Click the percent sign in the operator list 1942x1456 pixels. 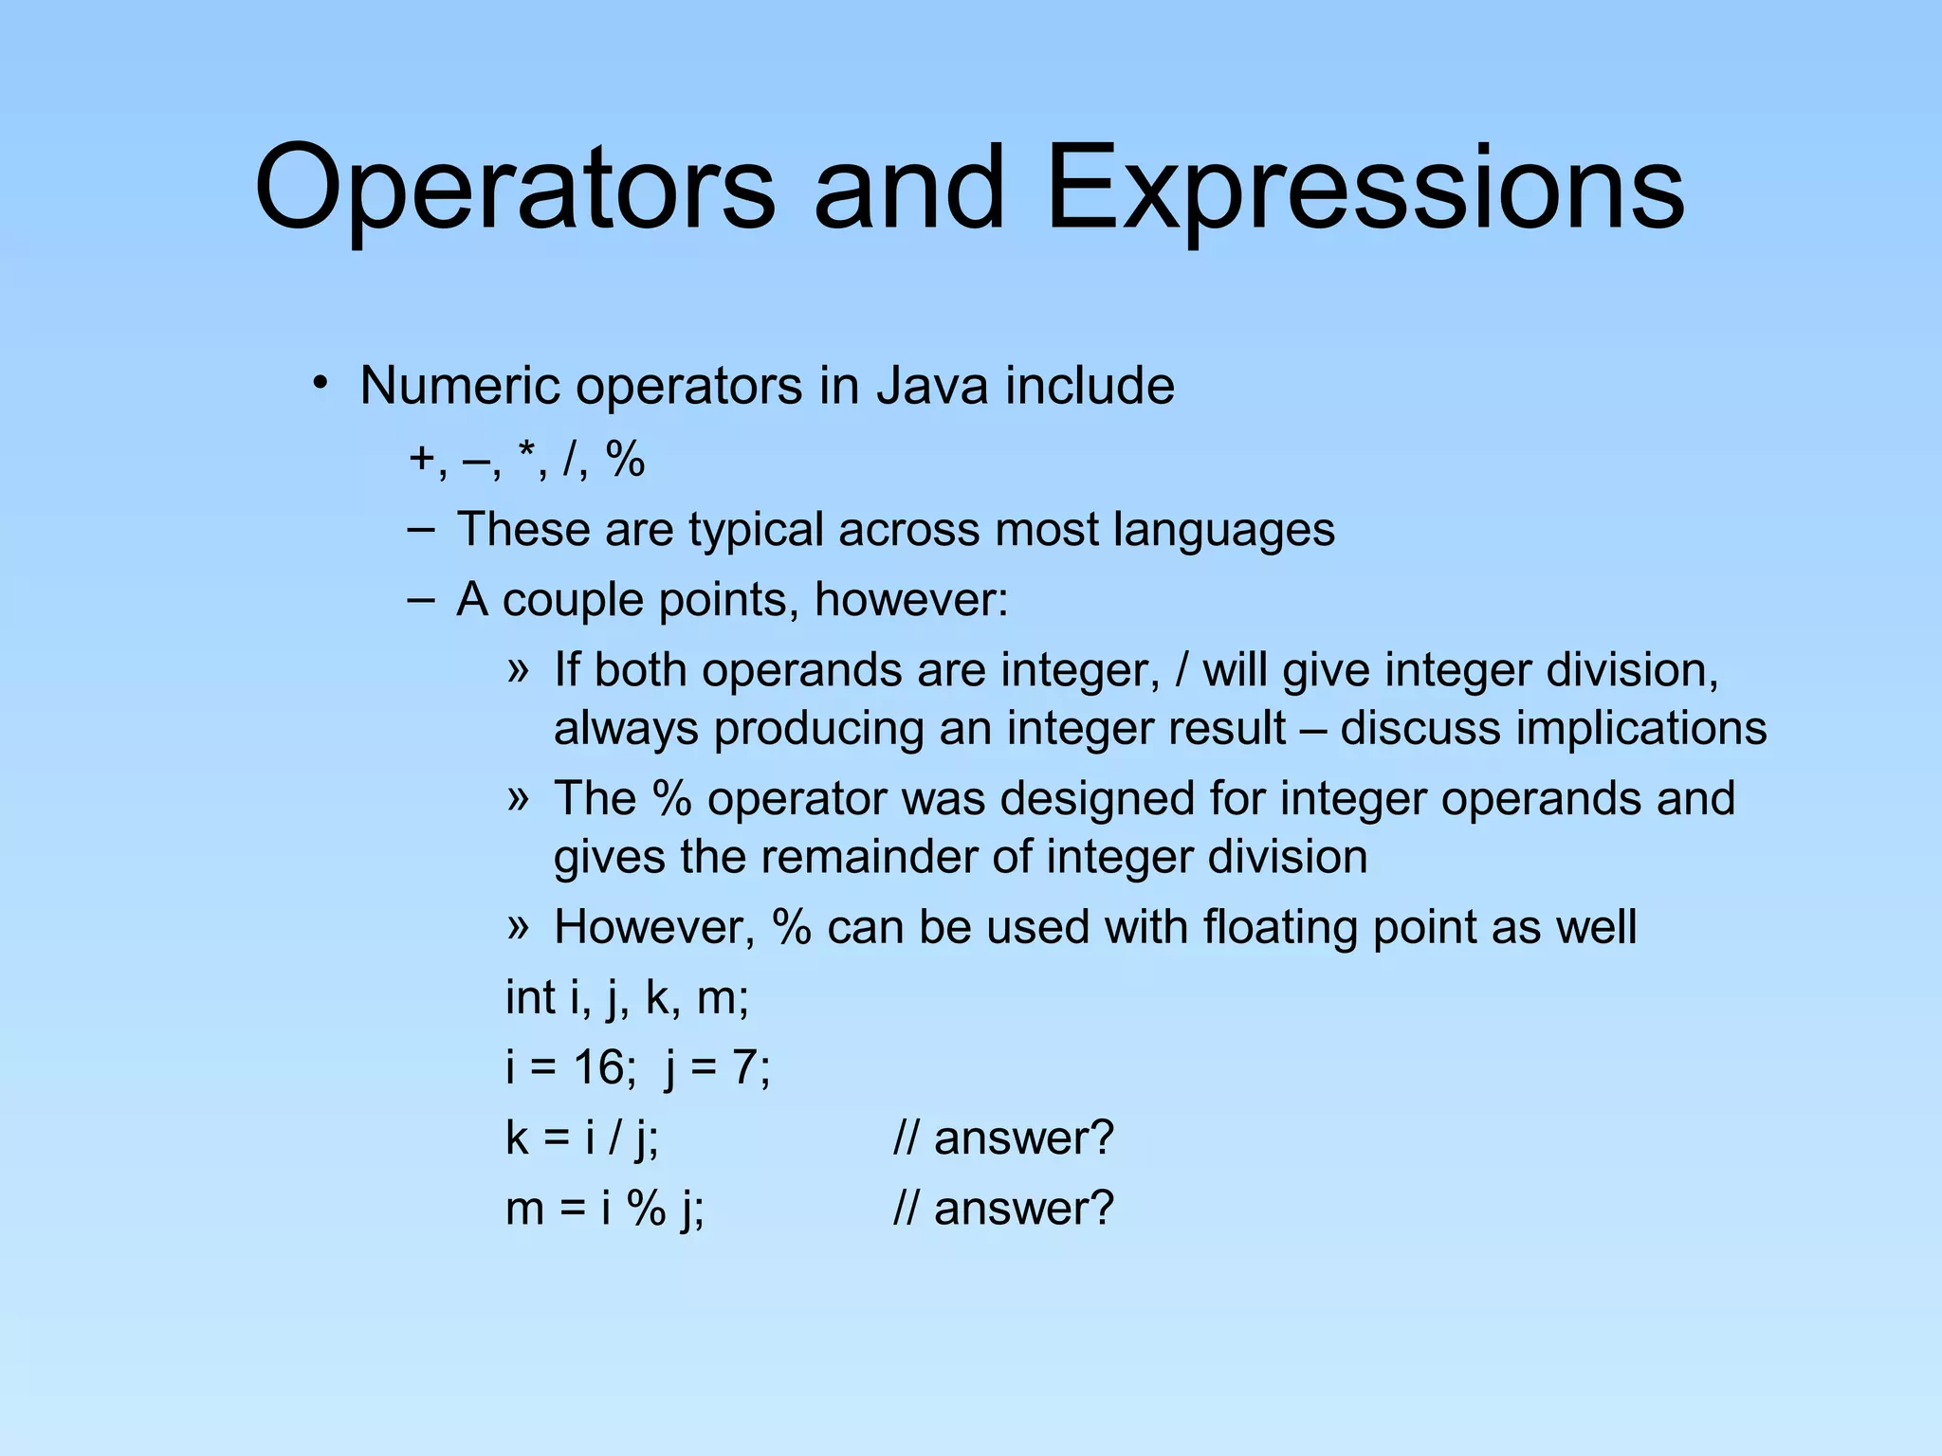625,461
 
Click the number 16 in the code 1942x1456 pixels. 597,1067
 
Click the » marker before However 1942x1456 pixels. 517,926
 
